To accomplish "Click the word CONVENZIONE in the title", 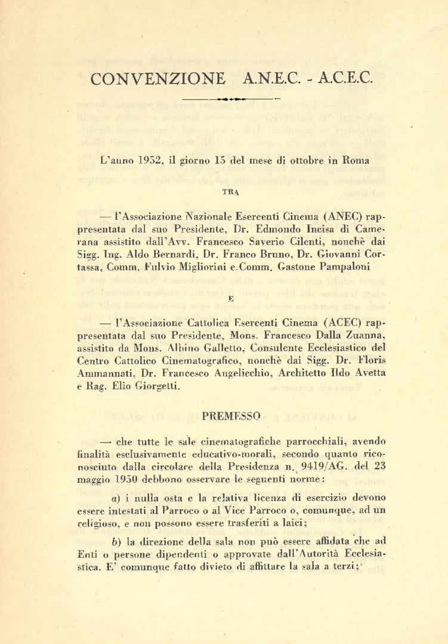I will (x=157, y=79).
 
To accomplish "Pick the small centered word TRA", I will (x=230, y=192).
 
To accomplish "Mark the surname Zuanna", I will (x=364, y=336).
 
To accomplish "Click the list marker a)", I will (x=116, y=498).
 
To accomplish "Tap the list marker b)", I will (x=116, y=542).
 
